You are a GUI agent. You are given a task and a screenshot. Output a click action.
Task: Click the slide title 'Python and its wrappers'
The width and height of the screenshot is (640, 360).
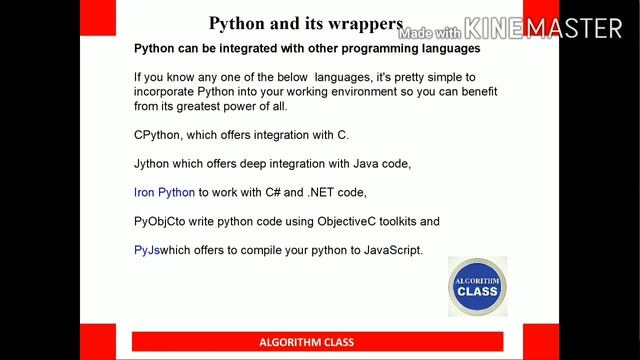305,24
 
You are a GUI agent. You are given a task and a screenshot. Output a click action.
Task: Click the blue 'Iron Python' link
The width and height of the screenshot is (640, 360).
164,192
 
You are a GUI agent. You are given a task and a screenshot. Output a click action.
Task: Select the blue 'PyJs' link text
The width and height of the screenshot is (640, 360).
146,250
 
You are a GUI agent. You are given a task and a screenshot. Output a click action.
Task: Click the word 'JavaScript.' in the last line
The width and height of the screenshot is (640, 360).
390,250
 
